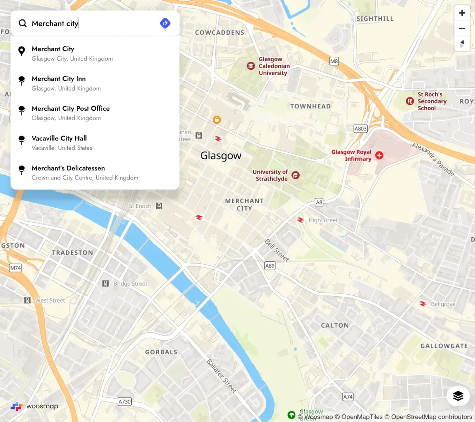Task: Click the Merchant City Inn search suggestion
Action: [59, 83]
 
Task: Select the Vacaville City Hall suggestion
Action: [59, 142]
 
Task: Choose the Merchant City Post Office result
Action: [70, 113]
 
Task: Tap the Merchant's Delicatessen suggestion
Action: [68, 172]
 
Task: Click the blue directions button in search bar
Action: [165, 23]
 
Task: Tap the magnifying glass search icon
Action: [23, 23]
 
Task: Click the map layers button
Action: [458, 396]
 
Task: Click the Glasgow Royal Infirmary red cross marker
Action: [379, 155]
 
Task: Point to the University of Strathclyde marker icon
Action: [295, 175]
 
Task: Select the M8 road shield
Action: [334, 61]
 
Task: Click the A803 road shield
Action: [361, 129]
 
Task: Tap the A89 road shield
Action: [270, 266]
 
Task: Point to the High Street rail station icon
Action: [301, 220]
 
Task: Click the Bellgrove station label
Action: [443, 304]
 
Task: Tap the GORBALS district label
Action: [161, 352]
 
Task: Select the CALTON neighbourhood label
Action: [335, 325]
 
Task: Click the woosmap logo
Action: [34, 406]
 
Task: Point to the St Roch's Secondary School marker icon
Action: [410, 101]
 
